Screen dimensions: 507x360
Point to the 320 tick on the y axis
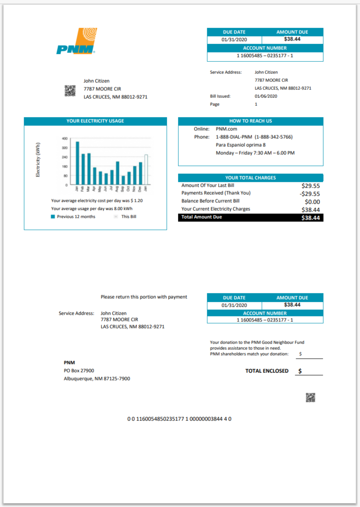[65, 148]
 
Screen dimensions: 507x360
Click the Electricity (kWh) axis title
[38, 160]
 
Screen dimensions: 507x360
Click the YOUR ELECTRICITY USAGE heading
[95, 121]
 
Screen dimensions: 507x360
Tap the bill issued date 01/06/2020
[266, 96]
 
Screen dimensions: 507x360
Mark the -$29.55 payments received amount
[310, 194]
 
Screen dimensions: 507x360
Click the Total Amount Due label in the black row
[201, 217]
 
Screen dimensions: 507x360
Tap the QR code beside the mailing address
[70, 91]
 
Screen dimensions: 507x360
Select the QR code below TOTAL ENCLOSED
[310, 398]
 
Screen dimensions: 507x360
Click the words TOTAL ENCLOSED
[267, 371]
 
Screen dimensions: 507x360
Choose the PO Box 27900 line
[79, 371]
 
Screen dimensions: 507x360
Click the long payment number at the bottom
[179, 419]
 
